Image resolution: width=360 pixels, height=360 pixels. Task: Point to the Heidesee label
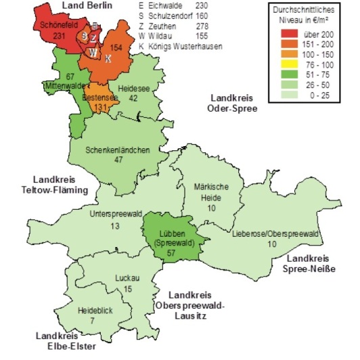point(132,89)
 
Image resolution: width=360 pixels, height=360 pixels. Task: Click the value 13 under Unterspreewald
point(115,226)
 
